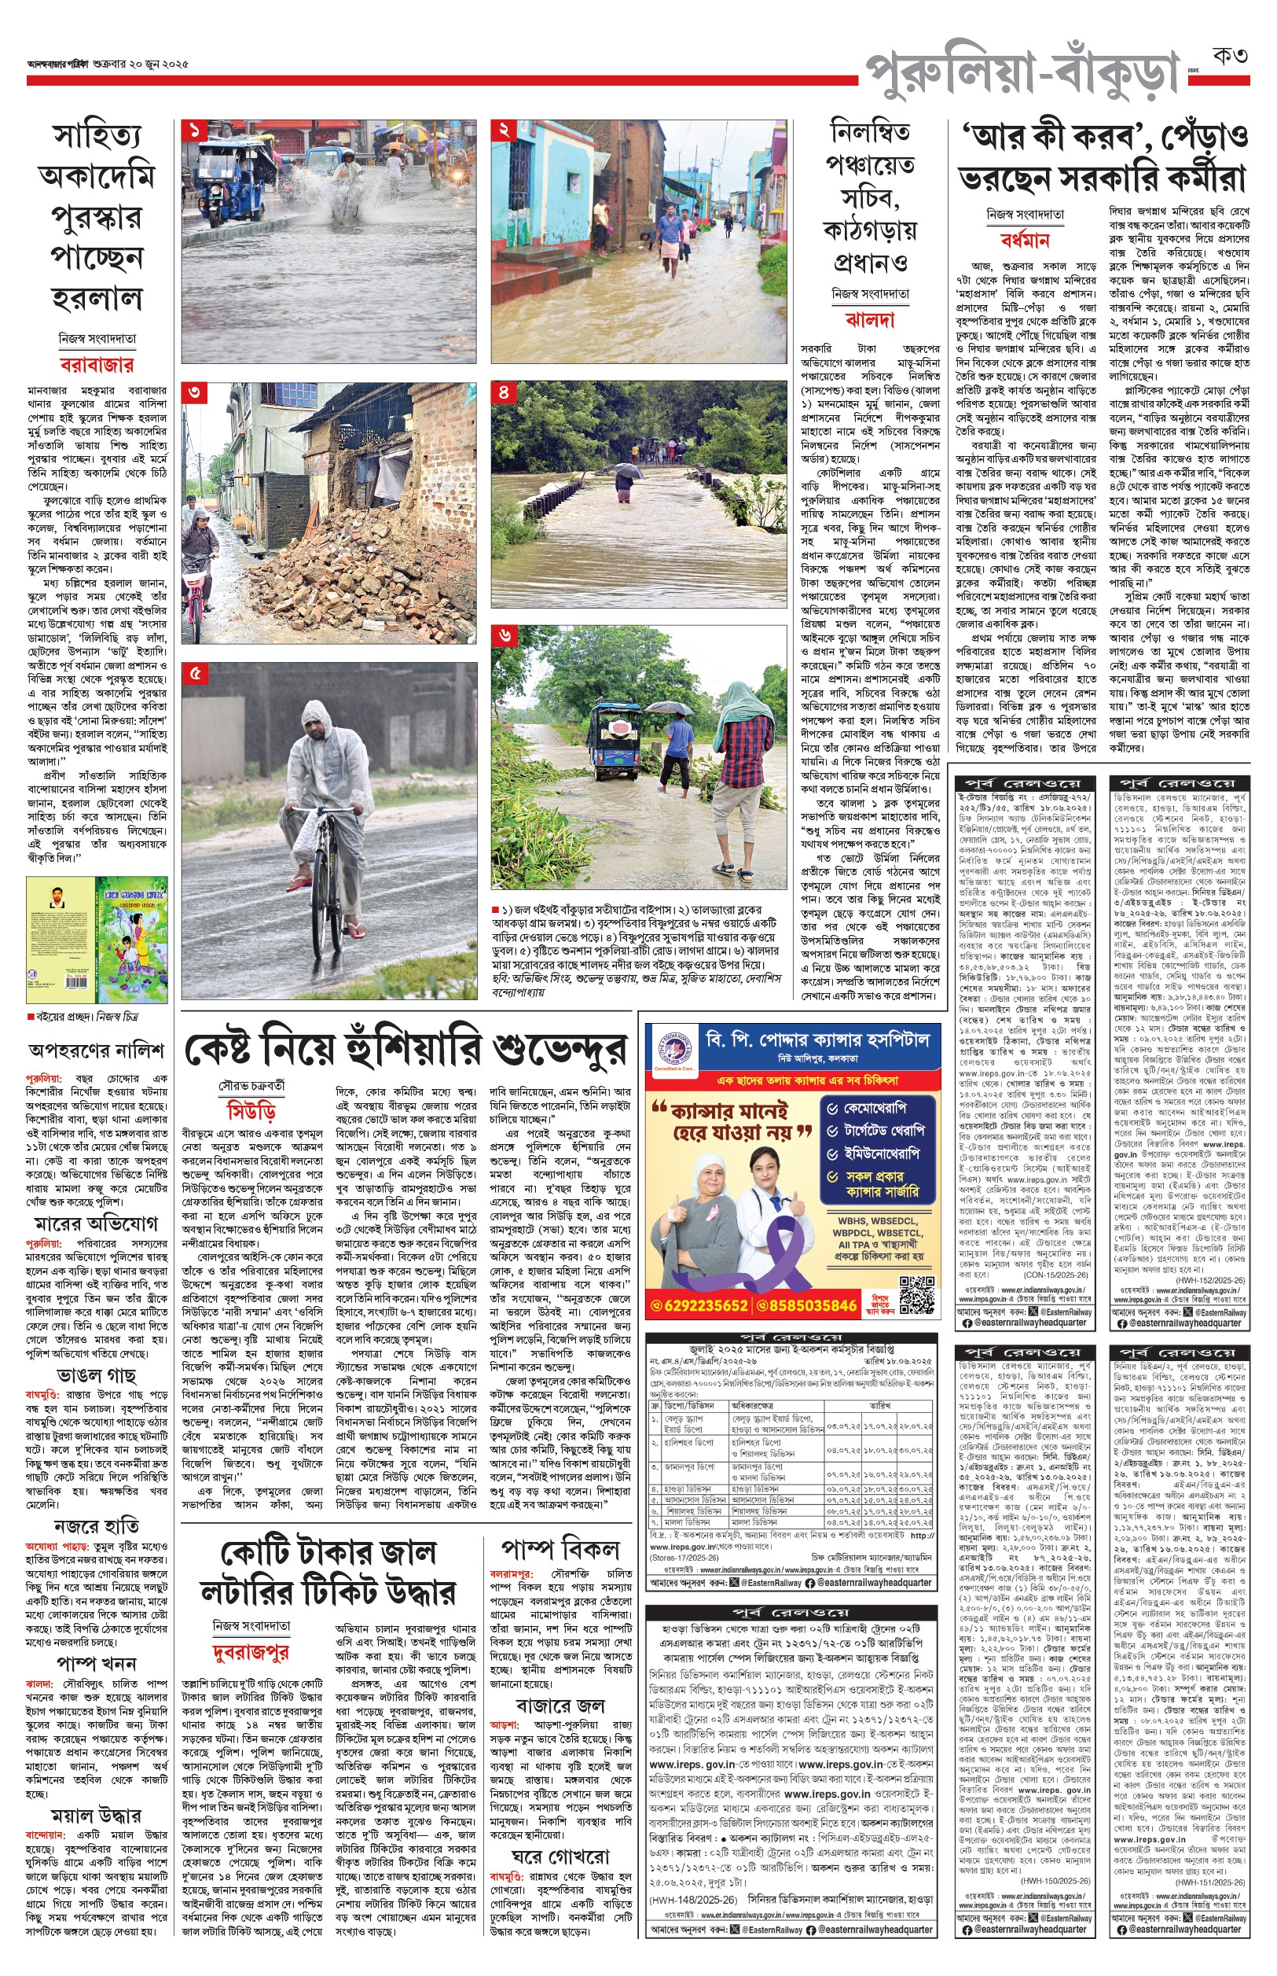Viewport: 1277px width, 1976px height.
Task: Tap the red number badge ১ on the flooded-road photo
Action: [196, 131]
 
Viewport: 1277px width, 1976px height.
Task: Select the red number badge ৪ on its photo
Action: [505, 392]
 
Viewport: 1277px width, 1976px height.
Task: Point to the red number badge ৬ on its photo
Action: [505, 636]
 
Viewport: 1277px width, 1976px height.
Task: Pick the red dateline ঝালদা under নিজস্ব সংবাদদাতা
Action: [870, 319]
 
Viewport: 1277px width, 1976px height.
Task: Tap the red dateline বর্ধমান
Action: [1025, 241]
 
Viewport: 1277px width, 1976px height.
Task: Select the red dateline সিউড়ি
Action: [251, 1112]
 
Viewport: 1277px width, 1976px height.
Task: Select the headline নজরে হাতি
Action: [96, 1525]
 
